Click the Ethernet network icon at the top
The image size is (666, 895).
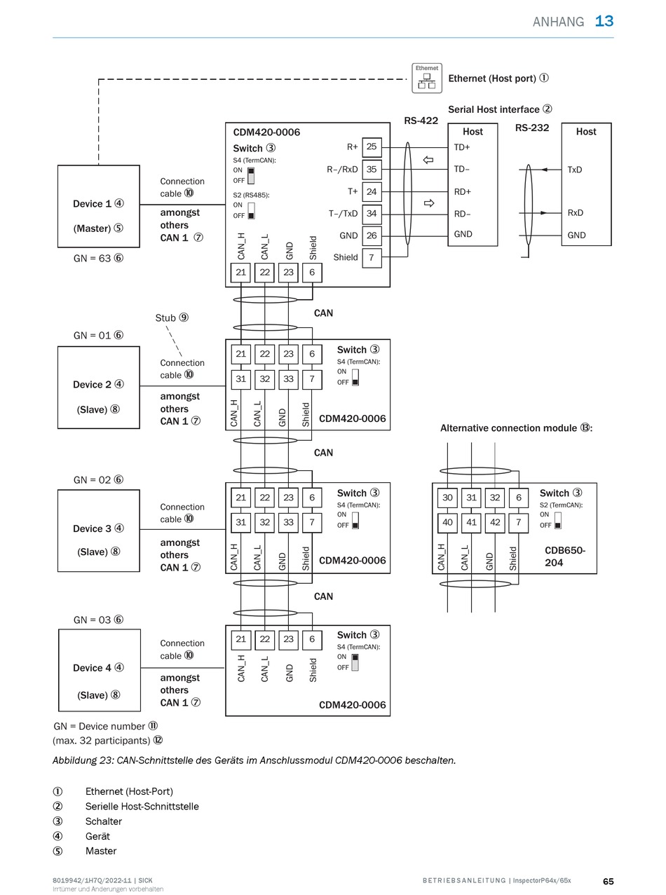(427, 78)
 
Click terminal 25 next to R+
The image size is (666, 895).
(372, 147)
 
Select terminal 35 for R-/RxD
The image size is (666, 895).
(372, 170)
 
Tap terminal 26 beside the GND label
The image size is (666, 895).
(372, 235)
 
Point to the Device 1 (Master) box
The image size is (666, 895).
(98, 206)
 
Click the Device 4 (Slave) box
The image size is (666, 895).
(100, 670)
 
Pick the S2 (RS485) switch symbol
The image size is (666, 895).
(251, 210)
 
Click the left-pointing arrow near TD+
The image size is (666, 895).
(428, 160)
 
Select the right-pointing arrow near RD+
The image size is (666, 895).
(428, 203)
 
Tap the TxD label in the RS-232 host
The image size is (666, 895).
(575, 170)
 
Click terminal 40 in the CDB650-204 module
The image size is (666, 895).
(447, 523)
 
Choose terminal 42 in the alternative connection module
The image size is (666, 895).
(495, 523)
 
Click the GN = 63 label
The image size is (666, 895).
(98, 258)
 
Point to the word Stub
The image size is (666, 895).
(165, 318)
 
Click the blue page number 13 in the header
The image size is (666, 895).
(604, 21)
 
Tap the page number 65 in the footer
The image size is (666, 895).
(609, 881)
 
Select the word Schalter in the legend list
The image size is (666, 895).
(103, 821)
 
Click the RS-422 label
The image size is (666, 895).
(421, 121)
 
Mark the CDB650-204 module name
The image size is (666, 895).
(564, 556)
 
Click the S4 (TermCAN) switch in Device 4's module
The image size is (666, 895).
(355, 662)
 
